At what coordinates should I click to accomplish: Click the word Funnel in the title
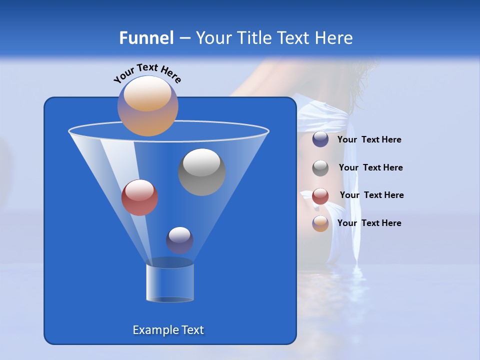(146, 38)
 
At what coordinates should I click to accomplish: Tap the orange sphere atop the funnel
(147, 105)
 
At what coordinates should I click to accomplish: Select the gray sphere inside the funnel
(201, 171)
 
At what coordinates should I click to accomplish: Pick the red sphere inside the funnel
(139, 197)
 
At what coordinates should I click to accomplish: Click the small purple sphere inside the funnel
(179, 239)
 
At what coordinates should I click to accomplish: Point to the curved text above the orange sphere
(147, 72)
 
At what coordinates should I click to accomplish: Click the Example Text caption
(168, 330)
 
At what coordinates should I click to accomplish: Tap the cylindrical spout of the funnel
(169, 282)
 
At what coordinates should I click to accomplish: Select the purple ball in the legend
(320, 139)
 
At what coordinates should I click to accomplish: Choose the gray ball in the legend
(320, 167)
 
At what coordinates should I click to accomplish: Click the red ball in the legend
(320, 195)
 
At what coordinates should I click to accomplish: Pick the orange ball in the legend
(320, 223)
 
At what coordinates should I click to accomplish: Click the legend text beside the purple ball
(369, 140)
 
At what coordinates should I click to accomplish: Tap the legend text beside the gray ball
(370, 167)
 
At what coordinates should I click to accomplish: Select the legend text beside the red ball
(371, 195)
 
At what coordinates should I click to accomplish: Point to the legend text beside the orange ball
(369, 223)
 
